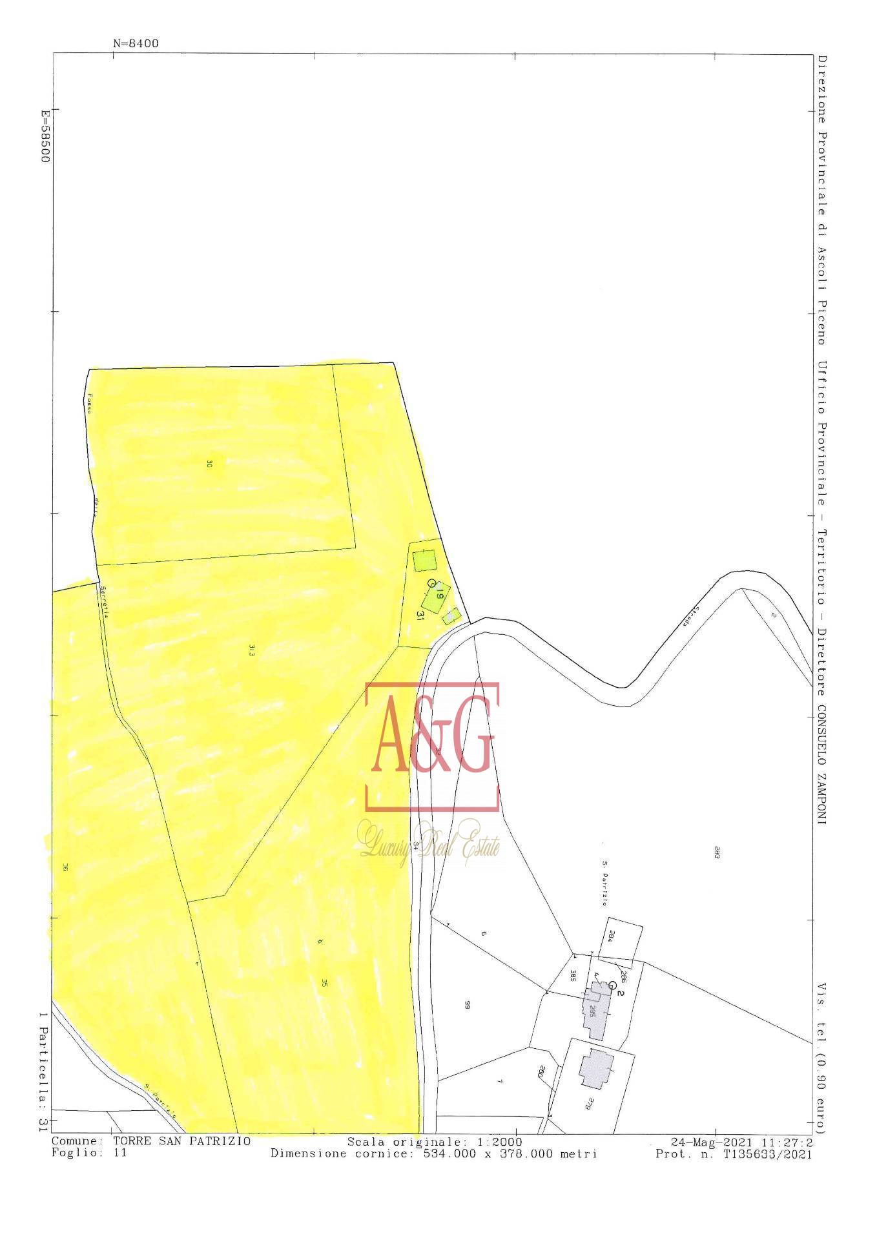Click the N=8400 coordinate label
tap(136, 44)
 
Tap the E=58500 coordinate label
tap(45, 136)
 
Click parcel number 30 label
tap(209, 463)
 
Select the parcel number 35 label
tap(324, 982)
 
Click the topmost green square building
tap(424, 559)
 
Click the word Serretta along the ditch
tap(103, 601)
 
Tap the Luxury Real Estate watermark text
tap(429, 845)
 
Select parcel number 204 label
tap(611, 937)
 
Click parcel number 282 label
tap(717, 851)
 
